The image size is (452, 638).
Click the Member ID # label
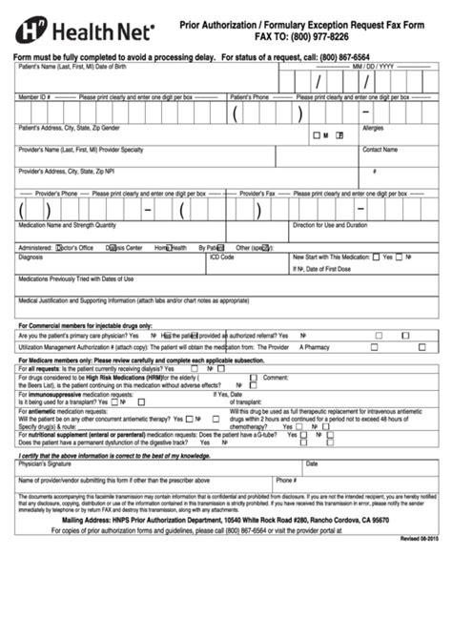pos(33,97)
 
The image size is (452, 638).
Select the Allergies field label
pos(374,127)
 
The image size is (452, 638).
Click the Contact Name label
pos(380,150)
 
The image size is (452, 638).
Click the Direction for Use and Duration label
pos(330,225)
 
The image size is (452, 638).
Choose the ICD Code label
pos(221,257)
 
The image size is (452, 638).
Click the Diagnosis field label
pos(31,257)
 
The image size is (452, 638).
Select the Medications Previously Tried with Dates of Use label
pos(76,278)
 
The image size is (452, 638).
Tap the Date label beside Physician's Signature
pos(312,463)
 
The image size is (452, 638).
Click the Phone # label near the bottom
pos(286,481)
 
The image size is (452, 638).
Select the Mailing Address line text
pos(225,520)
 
